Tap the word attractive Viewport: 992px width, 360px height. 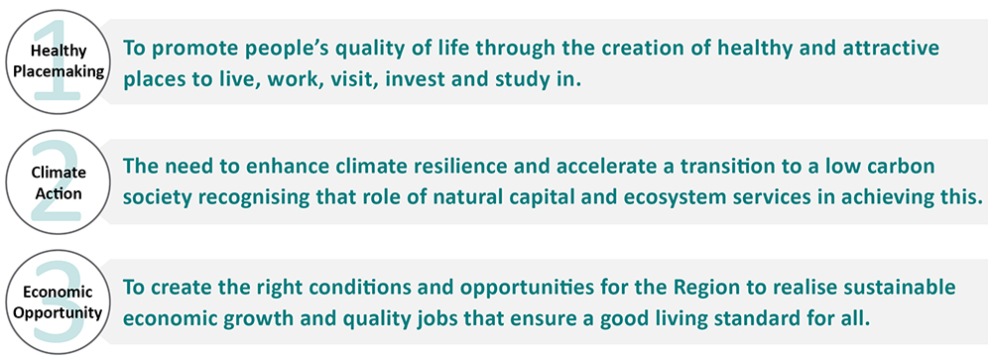pyautogui.click(x=889, y=48)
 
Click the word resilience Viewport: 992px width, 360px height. pyautogui.click(x=455, y=166)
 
